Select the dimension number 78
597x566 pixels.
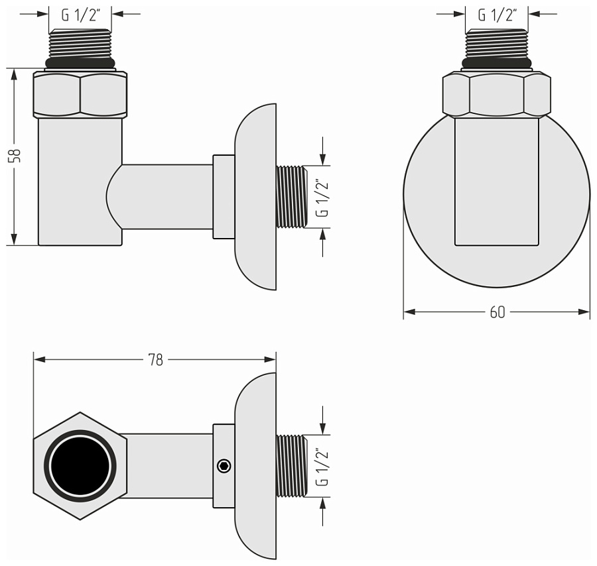coord(155,360)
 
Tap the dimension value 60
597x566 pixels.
coord(497,312)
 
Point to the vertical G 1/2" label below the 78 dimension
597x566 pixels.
coord(322,467)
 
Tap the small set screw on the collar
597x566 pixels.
coord(224,467)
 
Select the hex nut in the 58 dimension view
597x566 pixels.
coord(80,95)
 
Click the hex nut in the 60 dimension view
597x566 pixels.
coord(497,95)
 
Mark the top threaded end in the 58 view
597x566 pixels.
coord(80,43)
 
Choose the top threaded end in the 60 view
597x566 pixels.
coord(497,43)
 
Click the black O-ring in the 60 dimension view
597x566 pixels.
coord(497,64)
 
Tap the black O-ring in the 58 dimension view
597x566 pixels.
coord(80,64)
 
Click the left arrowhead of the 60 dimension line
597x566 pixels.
coord(408,312)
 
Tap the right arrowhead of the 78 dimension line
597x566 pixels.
coord(271,360)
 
